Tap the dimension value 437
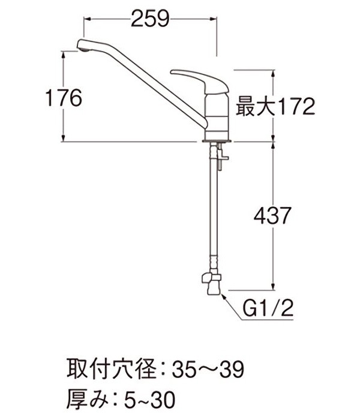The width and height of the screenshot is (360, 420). pyautogui.click(x=272, y=215)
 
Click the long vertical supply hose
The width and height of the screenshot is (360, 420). pyautogui.click(x=213, y=216)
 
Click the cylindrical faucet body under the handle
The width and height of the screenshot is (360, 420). pyautogui.click(x=218, y=111)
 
